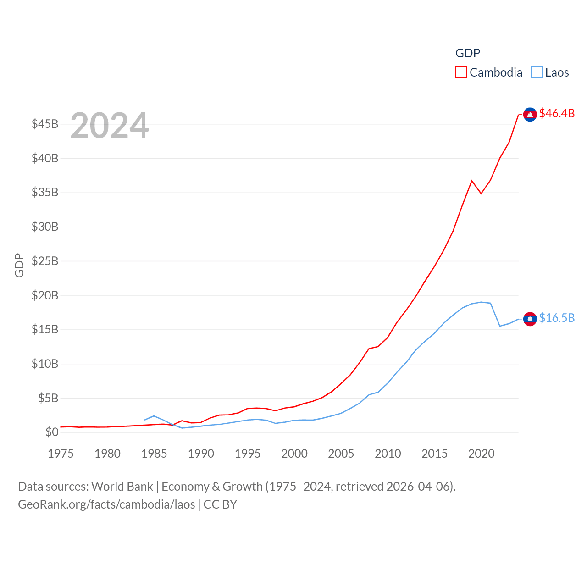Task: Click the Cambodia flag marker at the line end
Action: pyautogui.click(x=530, y=114)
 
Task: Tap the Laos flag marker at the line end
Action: pyautogui.click(x=530, y=319)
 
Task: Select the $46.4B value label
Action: pyautogui.click(x=557, y=113)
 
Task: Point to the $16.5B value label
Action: pyautogui.click(x=557, y=318)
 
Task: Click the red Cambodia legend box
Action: pyautogui.click(x=461, y=72)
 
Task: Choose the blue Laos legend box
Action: pyautogui.click(x=537, y=72)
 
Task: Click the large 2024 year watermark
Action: pyautogui.click(x=110, y=125)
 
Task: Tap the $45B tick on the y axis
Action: pyautogui.click(x=45, y=124)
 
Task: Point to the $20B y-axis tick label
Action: pyautogui.click(x=45, y=295)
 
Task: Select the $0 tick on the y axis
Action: pyautogui.click(x=52, y=432)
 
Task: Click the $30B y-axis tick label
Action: pyautogui.click(x=45, y=227)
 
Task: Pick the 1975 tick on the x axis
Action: pyautogui.click(x=61, y=454)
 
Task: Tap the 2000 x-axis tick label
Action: pyautogui.click(x=294, y=454)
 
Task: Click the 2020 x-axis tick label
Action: pyautogui.click(x=481, y=454)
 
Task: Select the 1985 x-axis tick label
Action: pyautogui.click(x=154, y=454)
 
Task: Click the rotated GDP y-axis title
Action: pyautogui.click(x=19, y=265)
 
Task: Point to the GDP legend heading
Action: pyautogui.click(x=467, y=53)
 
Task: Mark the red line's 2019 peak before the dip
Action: pyautogui.click(x=472, y=181)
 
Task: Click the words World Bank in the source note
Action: pyautogui.click(x=122, y=487)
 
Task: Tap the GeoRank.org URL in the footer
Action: pyautogui.click(x=106, y=504)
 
